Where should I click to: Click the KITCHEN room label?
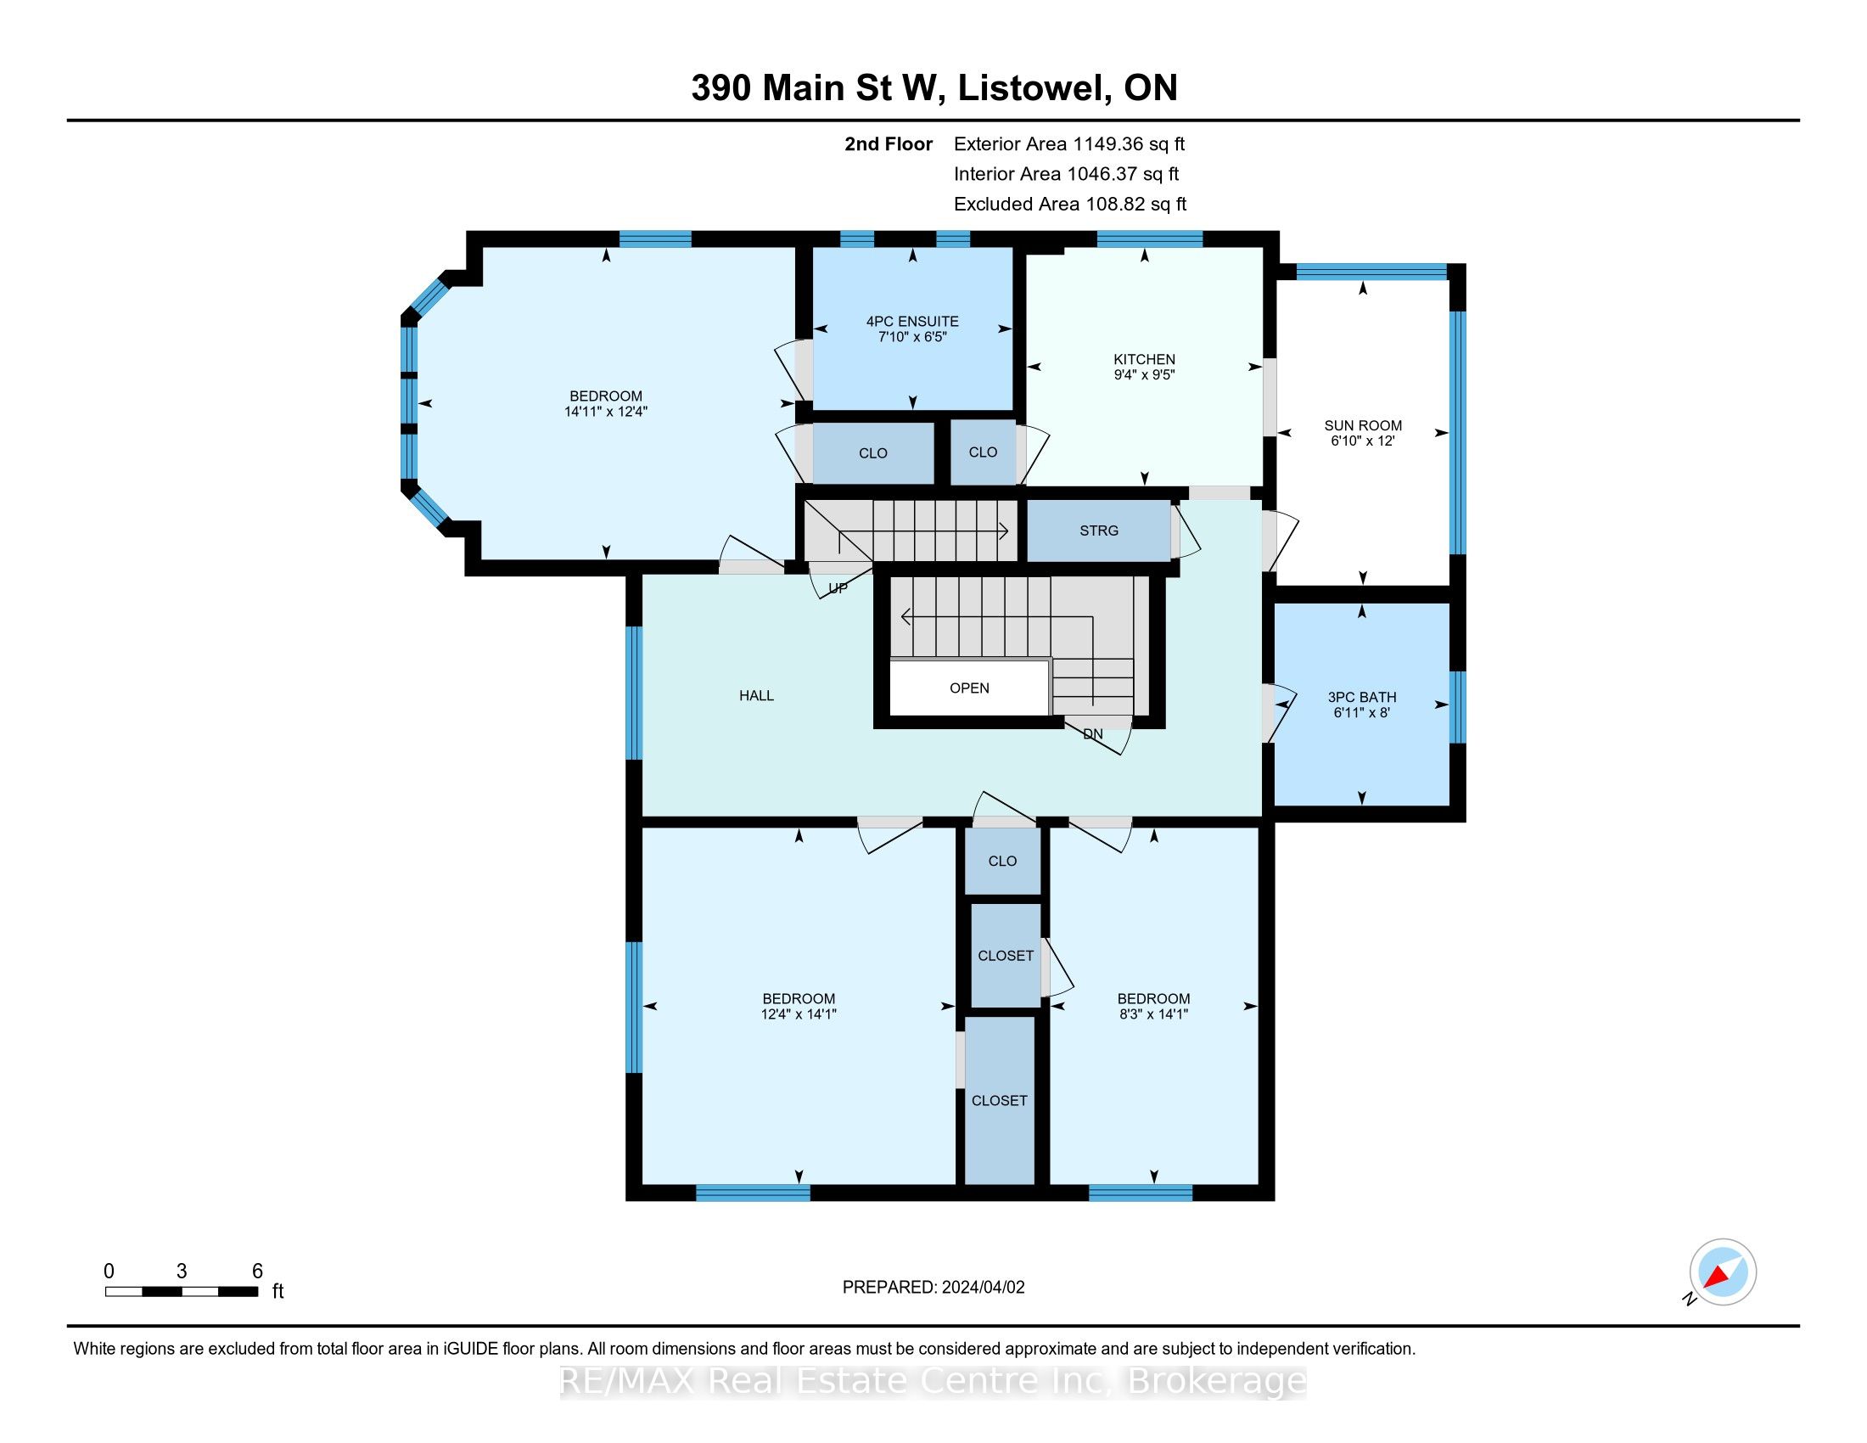[1144, 359]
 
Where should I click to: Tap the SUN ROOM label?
[1363, 426]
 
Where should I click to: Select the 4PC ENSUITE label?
[912, 322]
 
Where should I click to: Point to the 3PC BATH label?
[1362, 697]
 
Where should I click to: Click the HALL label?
[756, 696]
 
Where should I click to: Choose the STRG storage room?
[1098, 531]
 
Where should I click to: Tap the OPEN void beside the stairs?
[969, 688]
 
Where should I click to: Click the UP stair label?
[838, 588]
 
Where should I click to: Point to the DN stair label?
[1092, 733]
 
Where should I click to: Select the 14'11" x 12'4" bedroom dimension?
[606, 411]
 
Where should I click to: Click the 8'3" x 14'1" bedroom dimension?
[1153, 1013]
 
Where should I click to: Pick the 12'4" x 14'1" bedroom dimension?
[799, 1013]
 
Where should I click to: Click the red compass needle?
[1718, 1277]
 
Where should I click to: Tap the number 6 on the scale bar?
[257, 1272]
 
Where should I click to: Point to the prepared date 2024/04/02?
[982, 1288]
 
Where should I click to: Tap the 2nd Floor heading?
[889, 143]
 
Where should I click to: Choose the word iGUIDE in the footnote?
[470, 1349]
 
